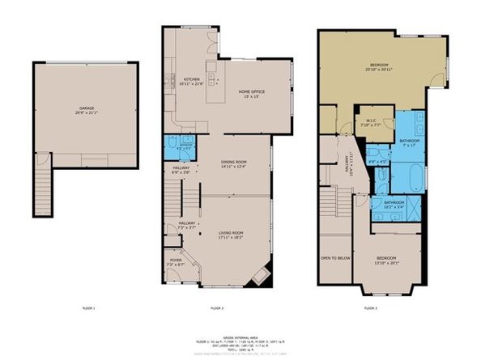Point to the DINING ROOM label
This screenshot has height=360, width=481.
(234, 164)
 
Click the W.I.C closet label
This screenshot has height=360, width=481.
(369, 123)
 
